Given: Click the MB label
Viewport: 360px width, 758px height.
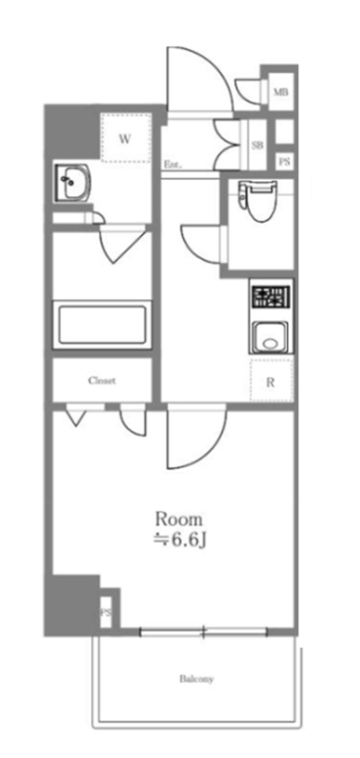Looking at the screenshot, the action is (280, 92).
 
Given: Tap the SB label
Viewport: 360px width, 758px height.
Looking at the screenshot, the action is (258, 145).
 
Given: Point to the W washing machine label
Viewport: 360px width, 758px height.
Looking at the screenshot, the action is (125, 139).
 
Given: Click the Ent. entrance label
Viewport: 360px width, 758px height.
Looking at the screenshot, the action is (172, 164).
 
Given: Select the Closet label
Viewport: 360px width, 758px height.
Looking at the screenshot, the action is (102, 381).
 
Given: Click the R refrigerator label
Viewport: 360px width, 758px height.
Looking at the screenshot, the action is (271, 384).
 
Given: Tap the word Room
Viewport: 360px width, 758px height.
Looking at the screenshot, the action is (178, 519).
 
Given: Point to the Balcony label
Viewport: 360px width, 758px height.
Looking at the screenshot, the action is (197, 678).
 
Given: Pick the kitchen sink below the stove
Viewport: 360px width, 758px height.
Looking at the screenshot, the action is (270, 338).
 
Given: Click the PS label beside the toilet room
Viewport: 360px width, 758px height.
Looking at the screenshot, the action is (284, 162).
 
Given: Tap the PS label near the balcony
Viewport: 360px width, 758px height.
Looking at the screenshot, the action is (106, 613).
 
